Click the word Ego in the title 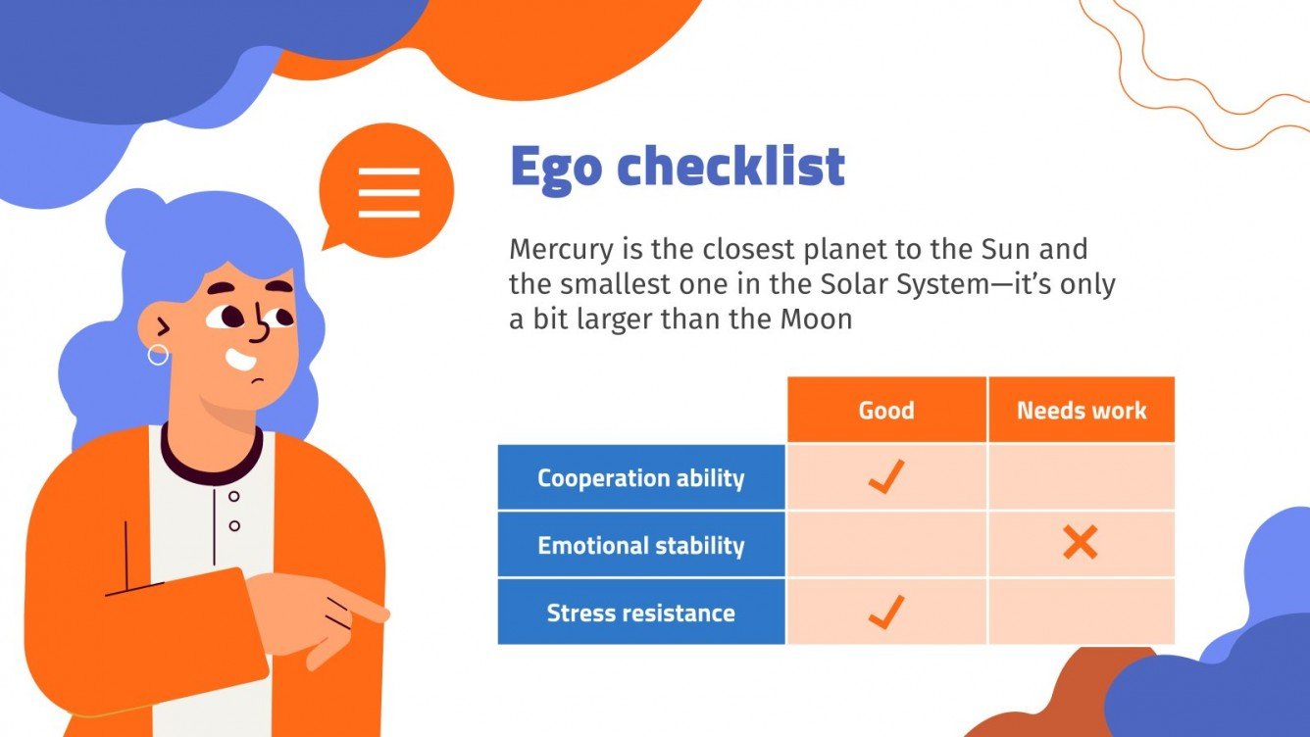[x=554, y=169]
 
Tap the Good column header [x=886, y=410]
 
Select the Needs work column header [x=1081, y=410]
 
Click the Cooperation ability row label [x=640, y=478]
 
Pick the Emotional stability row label [x=640, y=545]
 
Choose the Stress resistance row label [x=640, y=613]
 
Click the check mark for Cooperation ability [x=885, y=477]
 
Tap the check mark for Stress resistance [x=885, y=612]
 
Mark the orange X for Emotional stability [x=1080, y=544]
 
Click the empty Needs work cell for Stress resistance [x=1081, y=612]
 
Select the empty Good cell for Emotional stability [x=886, y=544]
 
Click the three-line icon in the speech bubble [x=388, y=191]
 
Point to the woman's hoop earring [x=158, y=355]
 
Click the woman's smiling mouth [x=240, y=360]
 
